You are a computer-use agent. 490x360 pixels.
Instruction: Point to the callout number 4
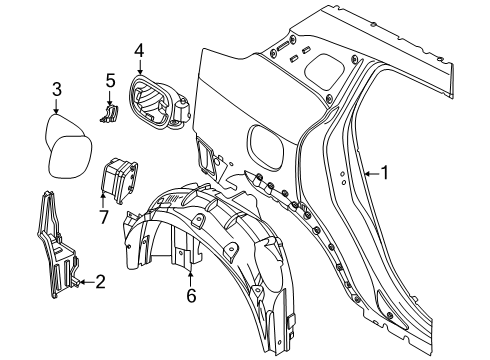[139, 49]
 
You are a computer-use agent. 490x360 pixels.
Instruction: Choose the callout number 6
[190, 296]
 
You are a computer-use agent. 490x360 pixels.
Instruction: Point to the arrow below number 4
[139, 66]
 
